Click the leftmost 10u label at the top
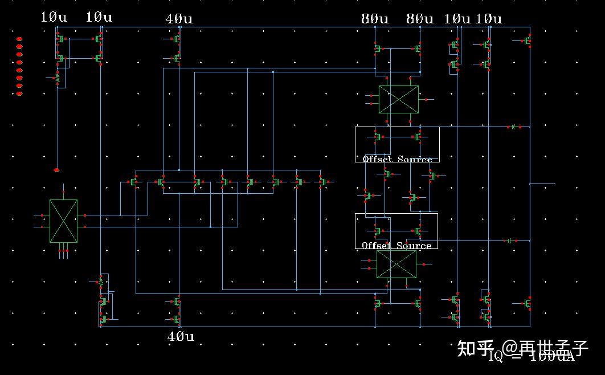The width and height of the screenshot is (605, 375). click(54, 17)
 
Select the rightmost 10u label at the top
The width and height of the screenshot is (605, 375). click(489, 19)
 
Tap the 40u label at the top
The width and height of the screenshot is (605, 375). click(179, 19)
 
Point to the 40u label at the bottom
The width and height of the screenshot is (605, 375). click(181, 336)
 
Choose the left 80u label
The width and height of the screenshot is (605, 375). click(375, 19)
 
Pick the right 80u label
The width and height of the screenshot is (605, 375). click(420, 19)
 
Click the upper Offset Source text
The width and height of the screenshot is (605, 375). click(397, 159)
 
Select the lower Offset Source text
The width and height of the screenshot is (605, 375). click(396, 246)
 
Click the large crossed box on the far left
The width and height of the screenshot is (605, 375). click(63, 221)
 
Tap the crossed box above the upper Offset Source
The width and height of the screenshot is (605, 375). click(398, 99)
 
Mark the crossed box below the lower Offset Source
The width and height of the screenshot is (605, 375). click(396, 264)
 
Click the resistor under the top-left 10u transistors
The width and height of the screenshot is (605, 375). click(57, 77)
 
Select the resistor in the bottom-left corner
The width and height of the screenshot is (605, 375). click(101, 282)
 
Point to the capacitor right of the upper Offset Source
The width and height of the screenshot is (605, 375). click(513, 127)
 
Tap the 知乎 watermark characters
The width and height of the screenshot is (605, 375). click(475, 347)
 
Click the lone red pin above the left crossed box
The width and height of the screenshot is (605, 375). click(56, 170)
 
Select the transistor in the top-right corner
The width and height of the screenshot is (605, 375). click(527, 40)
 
